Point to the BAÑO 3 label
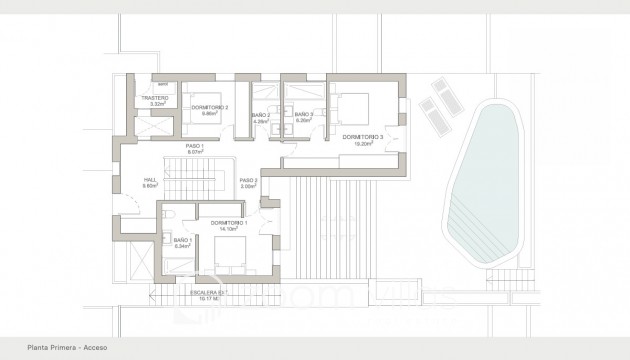pyautogui.click(x=305, y=116)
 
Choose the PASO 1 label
pyautogui.click(x=195, y=146)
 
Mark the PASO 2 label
pyautogui.click(x=249, y=180)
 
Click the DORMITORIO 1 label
pyautogui.click(x=230, y=223)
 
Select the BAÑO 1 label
pyautogui.click(x=182, y=240)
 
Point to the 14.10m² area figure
pyautogui.click(x=230, y=229)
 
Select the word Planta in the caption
pyautogui.click(x=38, y=347)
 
